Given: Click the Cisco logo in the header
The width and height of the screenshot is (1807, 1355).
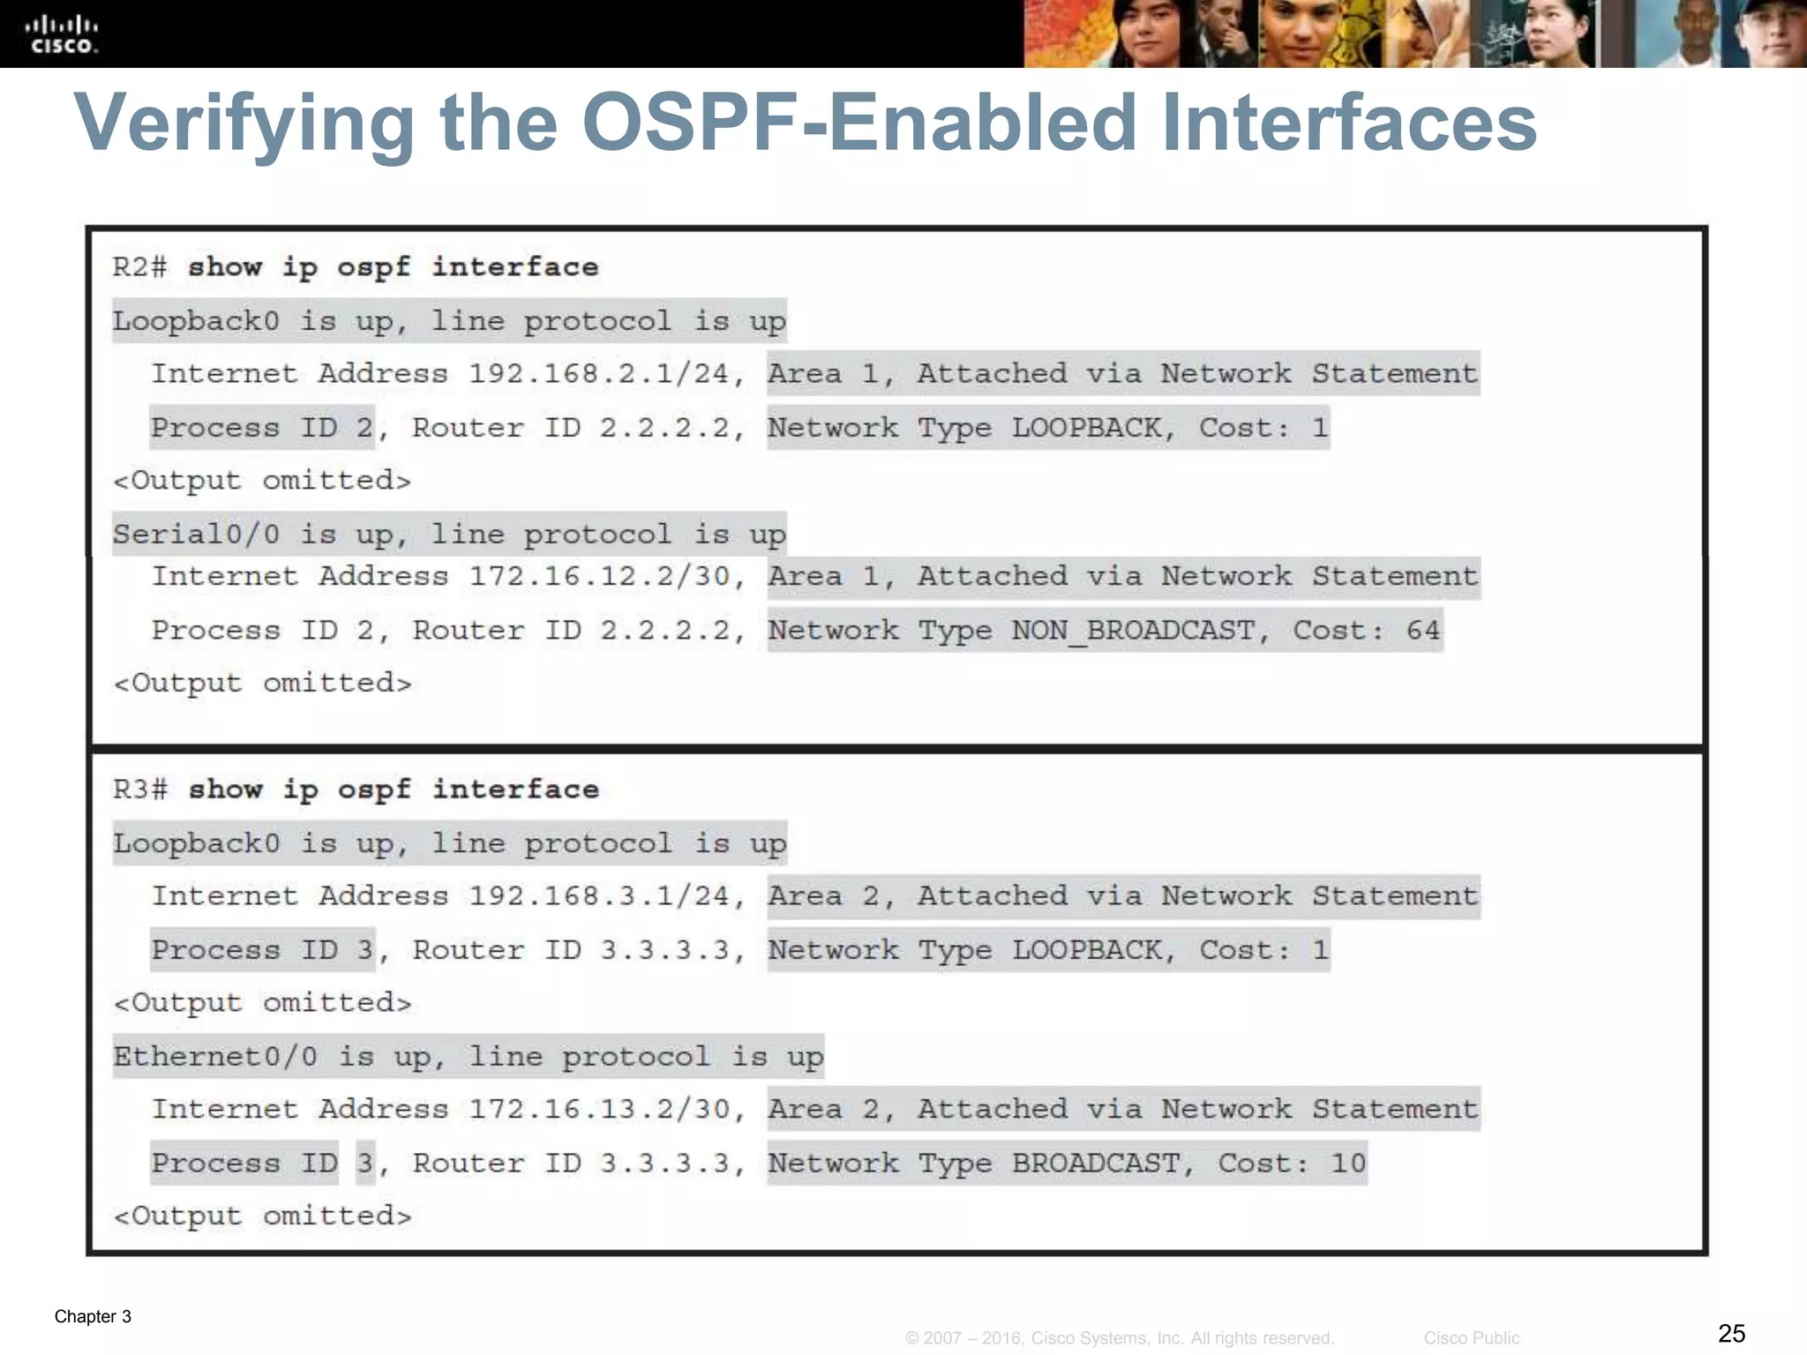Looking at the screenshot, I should point(62,34).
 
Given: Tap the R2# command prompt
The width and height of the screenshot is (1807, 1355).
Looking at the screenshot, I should point(139,267).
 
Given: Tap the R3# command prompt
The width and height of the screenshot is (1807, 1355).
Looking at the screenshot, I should point(139,790).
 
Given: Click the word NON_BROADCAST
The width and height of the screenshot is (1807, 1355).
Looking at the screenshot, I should point(1133,631).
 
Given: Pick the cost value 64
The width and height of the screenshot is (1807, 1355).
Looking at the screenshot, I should point(1422,631).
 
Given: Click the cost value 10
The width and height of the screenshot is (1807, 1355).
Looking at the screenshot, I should point(1347,1164).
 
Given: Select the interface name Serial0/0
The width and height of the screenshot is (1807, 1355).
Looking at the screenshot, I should point(196,535).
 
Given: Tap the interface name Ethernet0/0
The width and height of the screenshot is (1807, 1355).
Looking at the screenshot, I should point(215,1057).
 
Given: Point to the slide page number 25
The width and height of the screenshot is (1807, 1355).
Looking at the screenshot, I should point(1731,1333).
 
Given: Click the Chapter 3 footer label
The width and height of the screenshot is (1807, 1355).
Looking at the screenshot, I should point(93,1316).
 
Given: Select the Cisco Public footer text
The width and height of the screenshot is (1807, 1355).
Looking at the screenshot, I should point(1471,1338).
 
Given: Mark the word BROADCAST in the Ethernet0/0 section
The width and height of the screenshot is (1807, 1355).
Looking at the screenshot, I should point(1095,1164).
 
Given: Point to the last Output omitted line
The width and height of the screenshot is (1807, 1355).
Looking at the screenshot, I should point(263,1217).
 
